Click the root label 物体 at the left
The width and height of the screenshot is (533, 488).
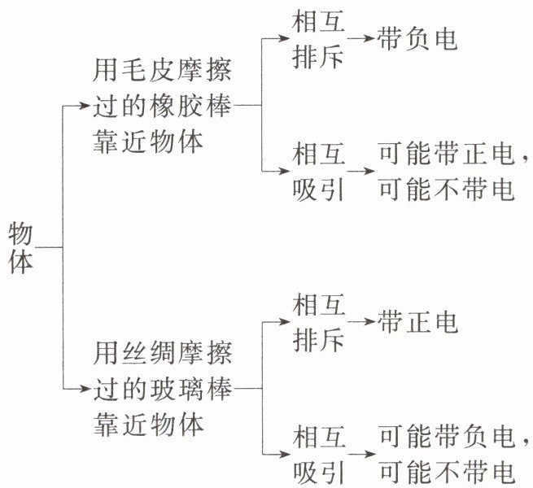coord(21,247)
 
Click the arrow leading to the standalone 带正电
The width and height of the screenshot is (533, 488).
coord(361,322)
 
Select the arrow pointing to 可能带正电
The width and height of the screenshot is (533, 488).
coord(361,171)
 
